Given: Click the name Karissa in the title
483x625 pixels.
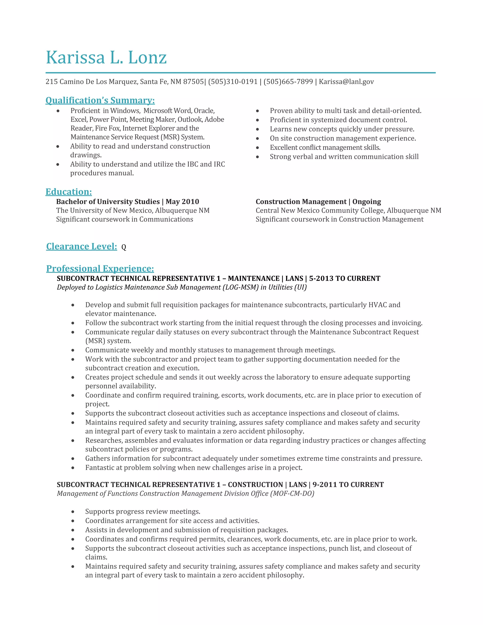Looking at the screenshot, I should [x=75, y=58].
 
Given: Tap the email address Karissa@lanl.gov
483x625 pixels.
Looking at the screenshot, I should [x=346, y=82].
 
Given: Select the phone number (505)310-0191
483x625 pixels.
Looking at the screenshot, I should [x=233, y=82].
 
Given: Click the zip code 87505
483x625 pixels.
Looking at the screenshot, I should [x=193, y=82].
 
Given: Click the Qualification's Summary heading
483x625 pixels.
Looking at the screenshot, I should [x=100, y=100].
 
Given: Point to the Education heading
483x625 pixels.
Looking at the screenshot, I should [x=69, y=192].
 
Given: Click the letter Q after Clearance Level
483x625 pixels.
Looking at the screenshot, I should [x=124, y=247].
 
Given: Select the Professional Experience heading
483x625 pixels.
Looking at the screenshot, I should [x=100, y=269].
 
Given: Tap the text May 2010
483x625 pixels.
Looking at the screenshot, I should [x=182, y=202].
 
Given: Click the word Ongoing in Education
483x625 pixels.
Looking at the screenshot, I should [x=366, y=202].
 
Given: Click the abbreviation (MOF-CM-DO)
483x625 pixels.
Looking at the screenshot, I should [x=292, y=493].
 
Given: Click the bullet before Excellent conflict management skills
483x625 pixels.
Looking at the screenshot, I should [x=258, y=148].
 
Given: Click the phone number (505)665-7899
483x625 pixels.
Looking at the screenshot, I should [x=288, y=82].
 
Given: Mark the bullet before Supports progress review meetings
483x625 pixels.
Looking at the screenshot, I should [x=73, y=512].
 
